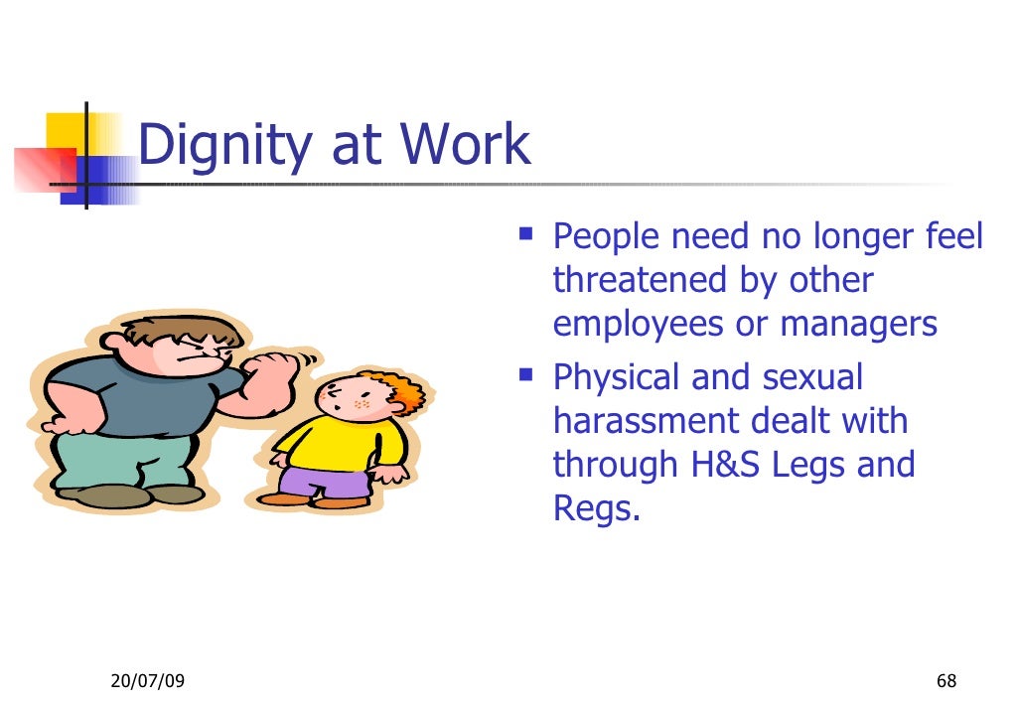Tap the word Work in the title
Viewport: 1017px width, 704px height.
pyautogui.click(x=466, y=145)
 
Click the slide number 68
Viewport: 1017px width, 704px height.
pyautogui.click(x=945, y=680)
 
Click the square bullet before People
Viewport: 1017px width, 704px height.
pyautogui.click(x=525, y=237)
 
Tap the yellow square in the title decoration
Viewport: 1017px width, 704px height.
pyautogui.click(x=64, y=130)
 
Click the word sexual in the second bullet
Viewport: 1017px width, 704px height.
pyautogui.click(x=814, y=377)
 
